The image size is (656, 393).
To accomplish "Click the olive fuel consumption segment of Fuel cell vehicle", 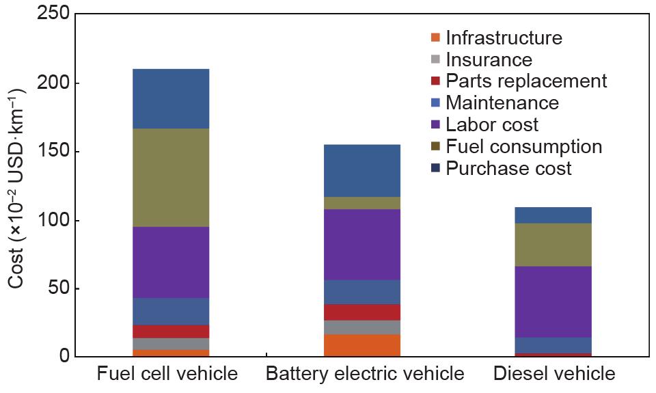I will (171, 178).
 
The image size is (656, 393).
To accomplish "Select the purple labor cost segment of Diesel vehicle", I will (553, 301).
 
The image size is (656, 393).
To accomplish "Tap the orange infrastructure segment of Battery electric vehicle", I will (361, 345).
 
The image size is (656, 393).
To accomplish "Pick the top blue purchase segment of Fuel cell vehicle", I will (171, 98).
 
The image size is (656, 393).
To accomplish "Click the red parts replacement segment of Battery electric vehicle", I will (361, 312).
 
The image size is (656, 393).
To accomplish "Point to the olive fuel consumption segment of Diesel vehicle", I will (553, 245).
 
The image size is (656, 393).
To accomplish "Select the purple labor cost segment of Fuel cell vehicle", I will (171, 262).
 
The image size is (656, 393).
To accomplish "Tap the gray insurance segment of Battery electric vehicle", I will (361, 327).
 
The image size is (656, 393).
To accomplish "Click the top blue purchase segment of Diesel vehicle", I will (553, 215).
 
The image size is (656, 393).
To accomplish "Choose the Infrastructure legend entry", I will (504, 38).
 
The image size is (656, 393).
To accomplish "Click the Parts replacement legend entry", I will (526, 81).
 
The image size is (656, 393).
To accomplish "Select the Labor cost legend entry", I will (492, 125).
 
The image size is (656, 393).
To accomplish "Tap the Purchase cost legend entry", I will (508, 169).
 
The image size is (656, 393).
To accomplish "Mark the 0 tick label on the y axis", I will (62, 356).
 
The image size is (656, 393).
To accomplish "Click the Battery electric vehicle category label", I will (365, 375).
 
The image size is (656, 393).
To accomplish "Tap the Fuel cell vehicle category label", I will (167, 375).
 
